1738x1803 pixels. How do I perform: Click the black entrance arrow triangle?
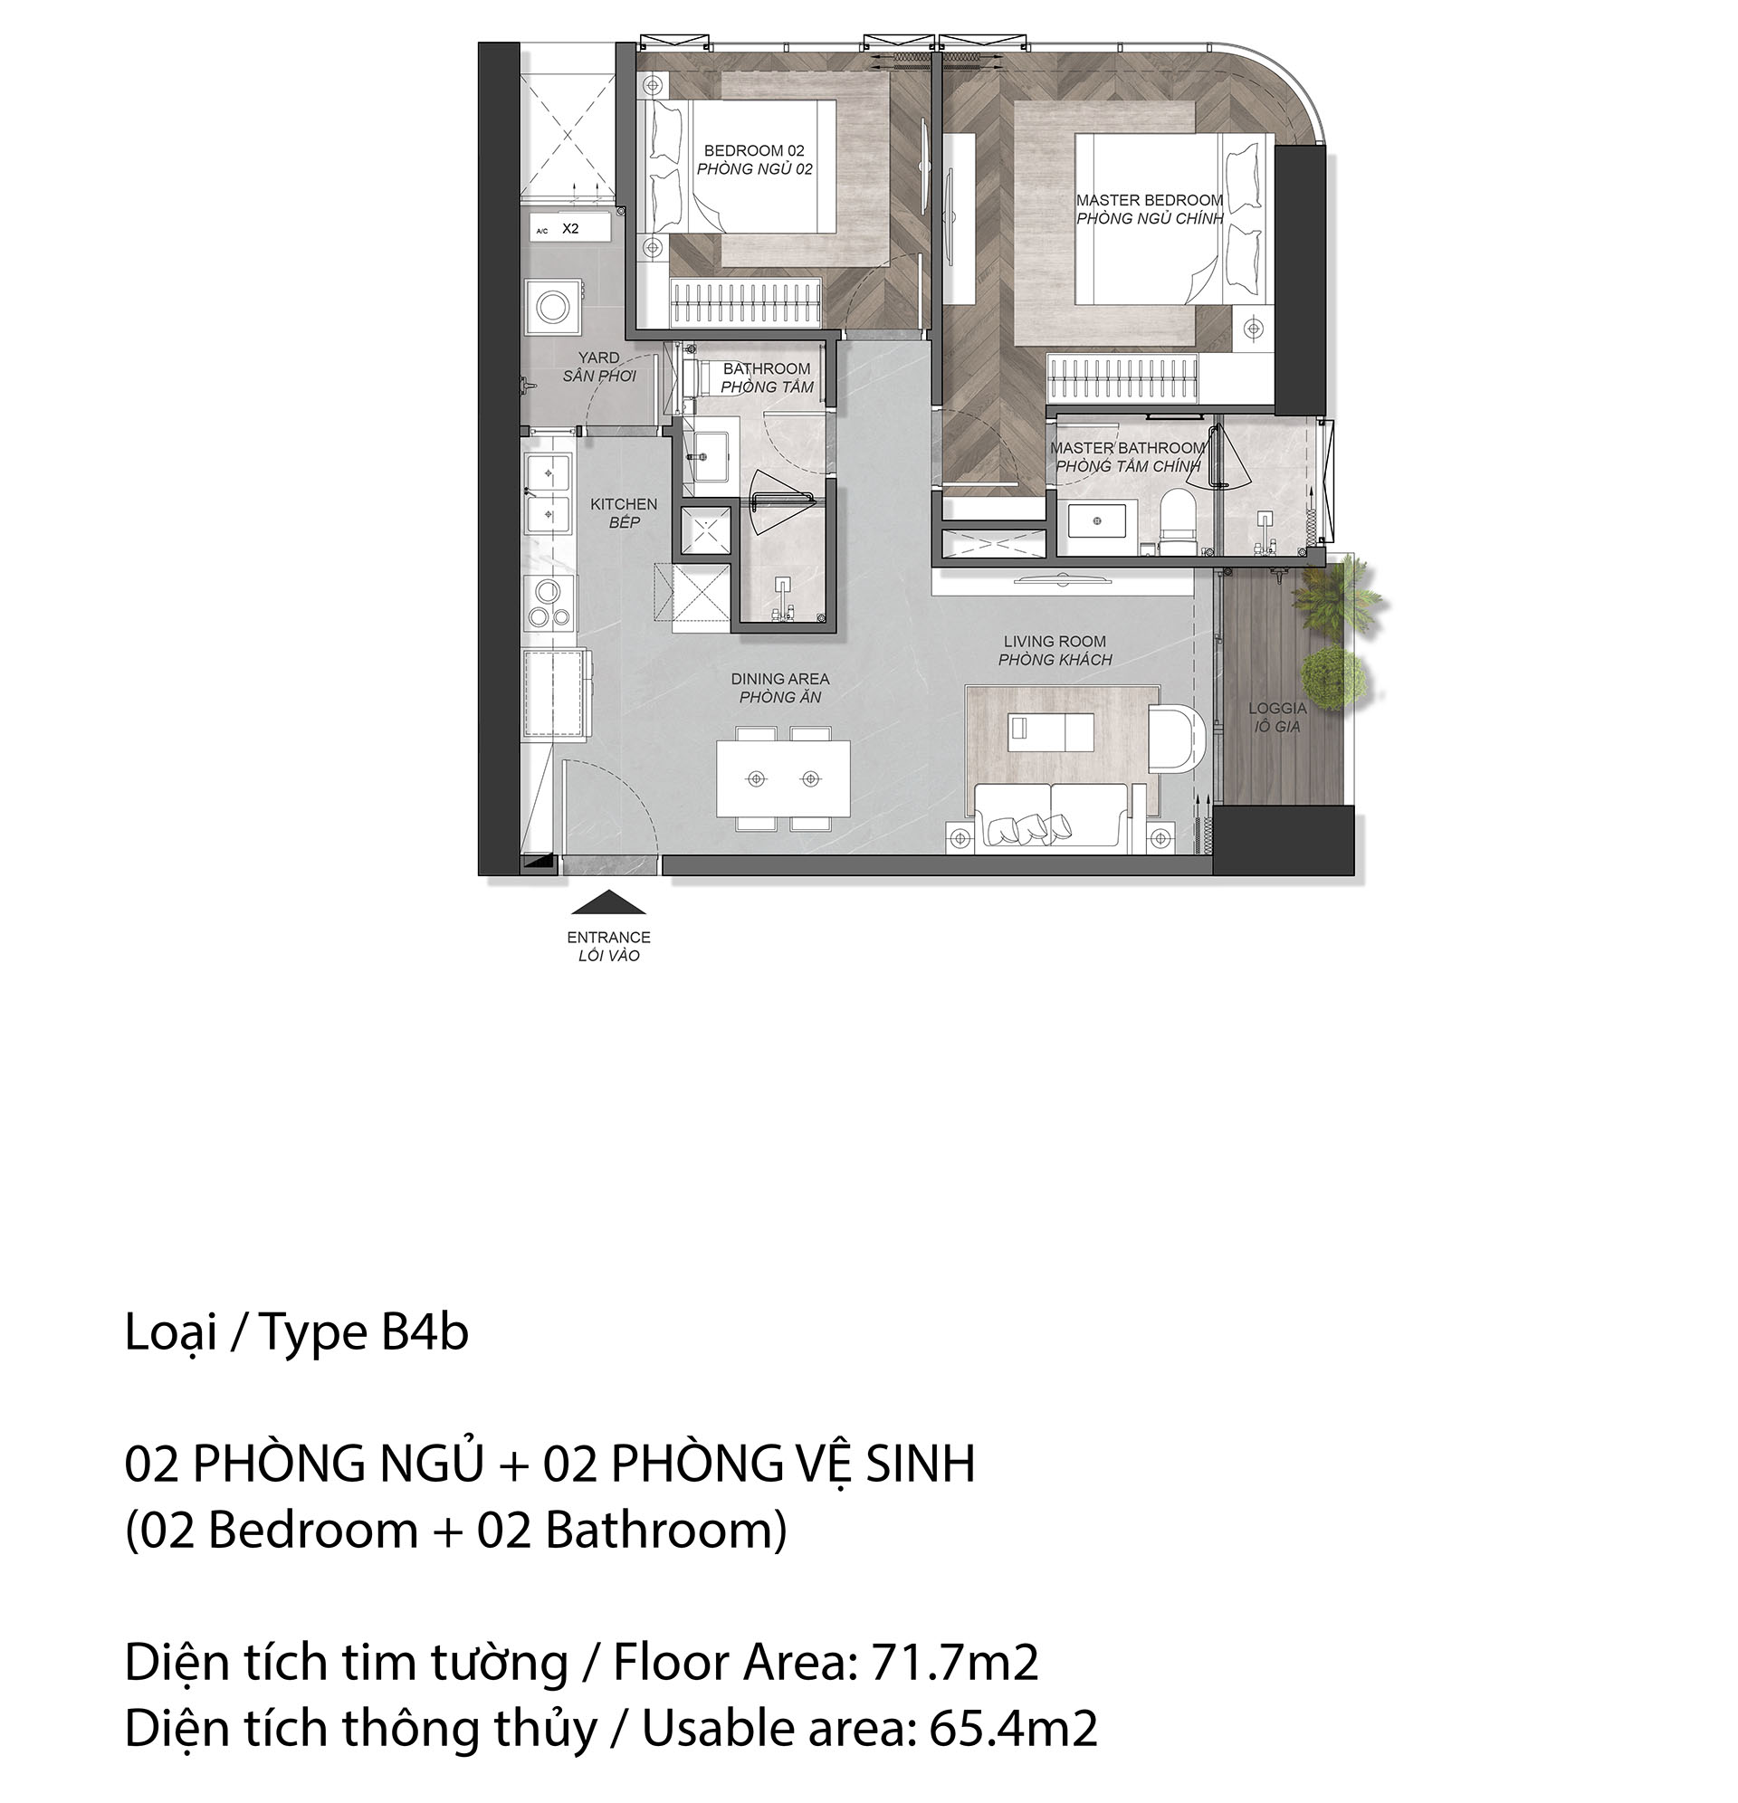[607, 902]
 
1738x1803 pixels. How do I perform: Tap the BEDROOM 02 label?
[753, 150]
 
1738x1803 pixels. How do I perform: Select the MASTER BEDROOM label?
[1149, 200]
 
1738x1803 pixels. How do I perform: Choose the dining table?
[783, 778]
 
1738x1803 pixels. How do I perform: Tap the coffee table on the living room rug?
[1051, 730]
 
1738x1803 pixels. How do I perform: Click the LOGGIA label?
[1277, 709]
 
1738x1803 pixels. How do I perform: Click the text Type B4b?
[364, 1334]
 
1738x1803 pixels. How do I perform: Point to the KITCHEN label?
[624, 504]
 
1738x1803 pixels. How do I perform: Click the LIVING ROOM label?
[1055, 641]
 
